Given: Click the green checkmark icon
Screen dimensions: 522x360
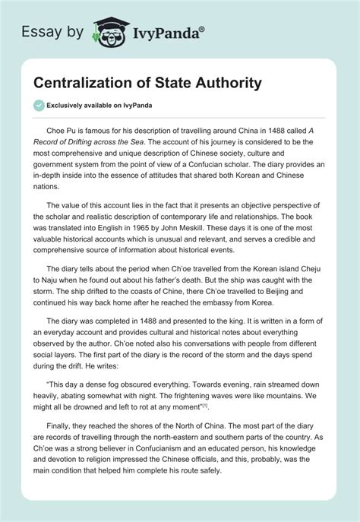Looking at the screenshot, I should pyautogui.click(x=38, y=104).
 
